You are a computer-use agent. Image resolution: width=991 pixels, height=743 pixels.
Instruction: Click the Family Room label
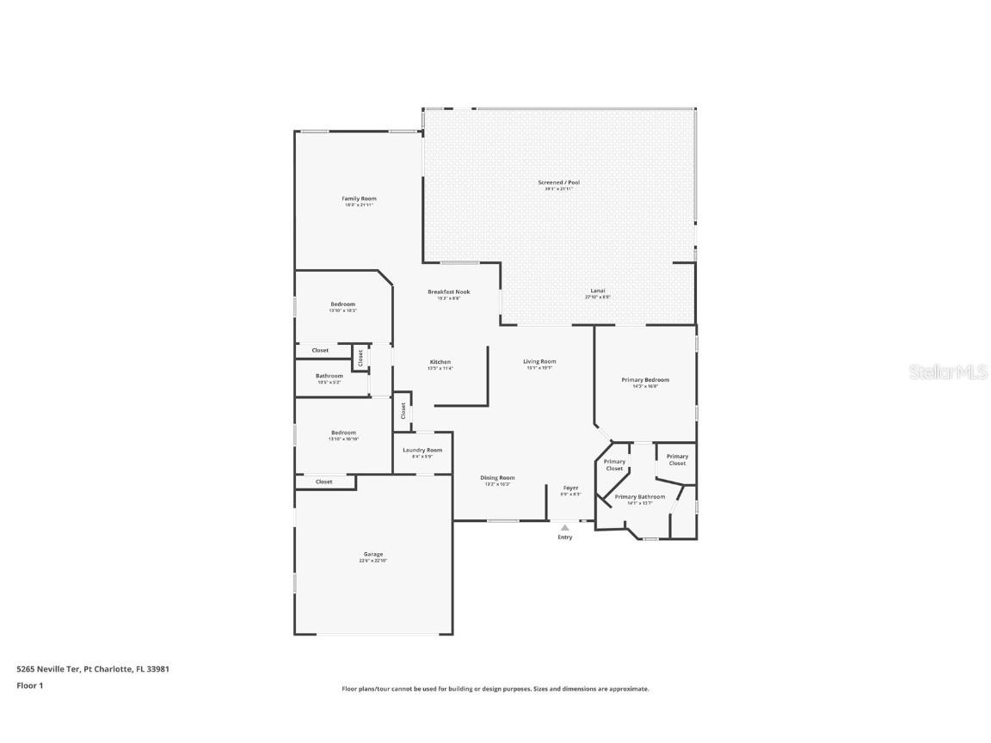pos(359,199)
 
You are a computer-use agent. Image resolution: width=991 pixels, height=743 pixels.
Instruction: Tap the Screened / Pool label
pos(558,182)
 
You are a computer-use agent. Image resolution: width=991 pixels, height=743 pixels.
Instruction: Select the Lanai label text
pos(597,291)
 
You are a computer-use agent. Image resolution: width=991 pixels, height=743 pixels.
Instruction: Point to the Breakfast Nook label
pos(449,292)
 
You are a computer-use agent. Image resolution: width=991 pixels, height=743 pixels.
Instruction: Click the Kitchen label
pos(440,362)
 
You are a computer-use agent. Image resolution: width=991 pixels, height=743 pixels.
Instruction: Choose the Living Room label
pos(539,361)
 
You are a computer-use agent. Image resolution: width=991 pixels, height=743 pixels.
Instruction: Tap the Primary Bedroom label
pos(645,379)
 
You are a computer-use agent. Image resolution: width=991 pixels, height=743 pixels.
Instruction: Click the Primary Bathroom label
pos(639,497)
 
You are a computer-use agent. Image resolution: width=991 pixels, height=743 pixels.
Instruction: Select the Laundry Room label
pos(422,450)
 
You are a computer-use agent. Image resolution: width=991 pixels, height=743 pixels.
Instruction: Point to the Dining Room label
pos(497,478)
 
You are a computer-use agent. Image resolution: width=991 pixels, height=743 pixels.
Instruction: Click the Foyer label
pos(570,488)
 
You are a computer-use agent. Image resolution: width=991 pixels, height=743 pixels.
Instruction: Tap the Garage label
pos(372,555)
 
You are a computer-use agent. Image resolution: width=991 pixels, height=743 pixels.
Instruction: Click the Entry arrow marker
pos(564,527)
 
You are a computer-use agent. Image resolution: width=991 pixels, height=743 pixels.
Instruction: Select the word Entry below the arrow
pos(564,537)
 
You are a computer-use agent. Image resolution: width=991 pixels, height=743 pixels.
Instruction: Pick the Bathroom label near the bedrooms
pos(329,376)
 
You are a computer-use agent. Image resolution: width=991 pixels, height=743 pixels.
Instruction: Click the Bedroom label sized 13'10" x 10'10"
pos(343,433)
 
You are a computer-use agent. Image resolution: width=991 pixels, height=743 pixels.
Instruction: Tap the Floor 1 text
pos(29,685)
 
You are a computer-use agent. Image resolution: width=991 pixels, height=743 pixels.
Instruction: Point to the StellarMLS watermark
pos(949,371)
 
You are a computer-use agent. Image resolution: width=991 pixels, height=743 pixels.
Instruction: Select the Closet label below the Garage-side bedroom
pos(323,482)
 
